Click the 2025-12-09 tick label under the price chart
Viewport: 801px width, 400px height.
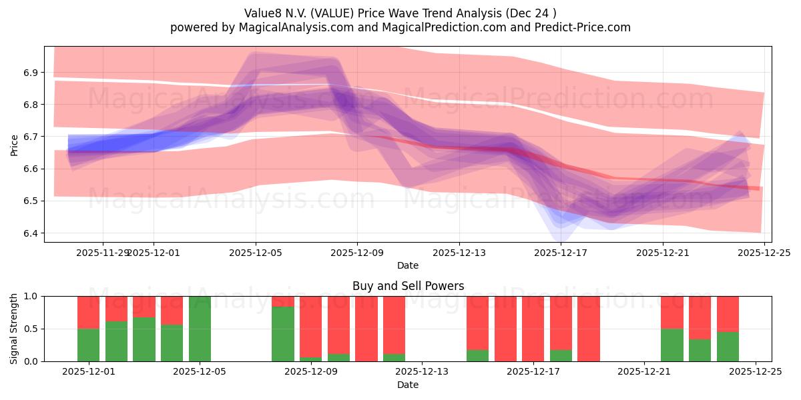point(357,253)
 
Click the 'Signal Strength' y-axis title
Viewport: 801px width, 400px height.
point(15,329)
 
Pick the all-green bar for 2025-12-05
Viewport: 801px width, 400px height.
point(200,329)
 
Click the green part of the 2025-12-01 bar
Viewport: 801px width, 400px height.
point(88,345)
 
